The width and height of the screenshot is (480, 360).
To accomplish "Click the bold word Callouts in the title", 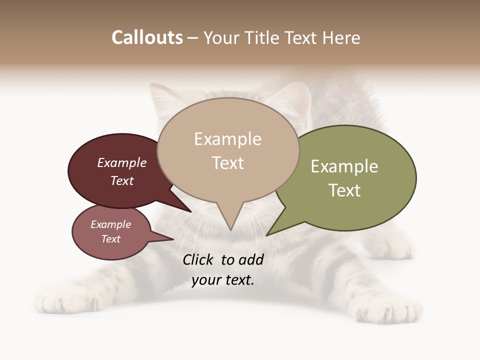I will click(x=147, y=37).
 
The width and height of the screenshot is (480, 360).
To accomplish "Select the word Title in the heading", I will click(x=264, y=37).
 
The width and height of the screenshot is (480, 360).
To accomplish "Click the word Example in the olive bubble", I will click(x=344, y=166).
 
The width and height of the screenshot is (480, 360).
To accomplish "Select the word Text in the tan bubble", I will click(x=228, y=163).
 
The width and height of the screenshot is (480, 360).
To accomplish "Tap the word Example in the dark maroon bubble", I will click(x=122, y=162).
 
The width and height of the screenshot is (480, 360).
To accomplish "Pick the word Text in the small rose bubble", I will click(x=111, y=239).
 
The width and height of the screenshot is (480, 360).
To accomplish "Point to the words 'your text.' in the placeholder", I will click(x=223, y=280).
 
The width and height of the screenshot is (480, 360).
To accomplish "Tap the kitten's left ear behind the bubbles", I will click(x=162, y=97).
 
